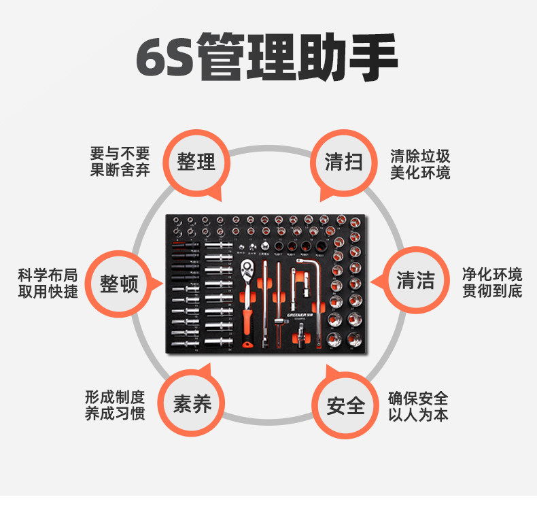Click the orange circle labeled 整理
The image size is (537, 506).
coord(196,162)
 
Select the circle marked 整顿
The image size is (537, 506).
coord(119,282)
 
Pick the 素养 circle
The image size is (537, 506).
coord(192,405)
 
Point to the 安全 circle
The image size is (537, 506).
coord(346,406)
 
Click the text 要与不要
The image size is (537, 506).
coord(120,153)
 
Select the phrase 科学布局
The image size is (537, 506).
coord(48,275)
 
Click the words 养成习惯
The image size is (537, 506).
coord(115,414)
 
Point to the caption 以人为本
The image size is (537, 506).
coord(418,415)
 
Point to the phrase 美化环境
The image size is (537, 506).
coord(420,173)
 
